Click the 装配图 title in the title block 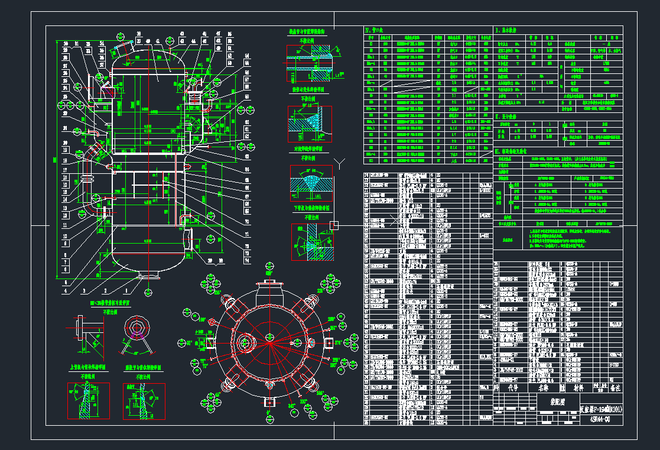click(550, 401)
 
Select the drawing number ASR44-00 click(602, 418)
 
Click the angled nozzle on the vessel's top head click(122, 50)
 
